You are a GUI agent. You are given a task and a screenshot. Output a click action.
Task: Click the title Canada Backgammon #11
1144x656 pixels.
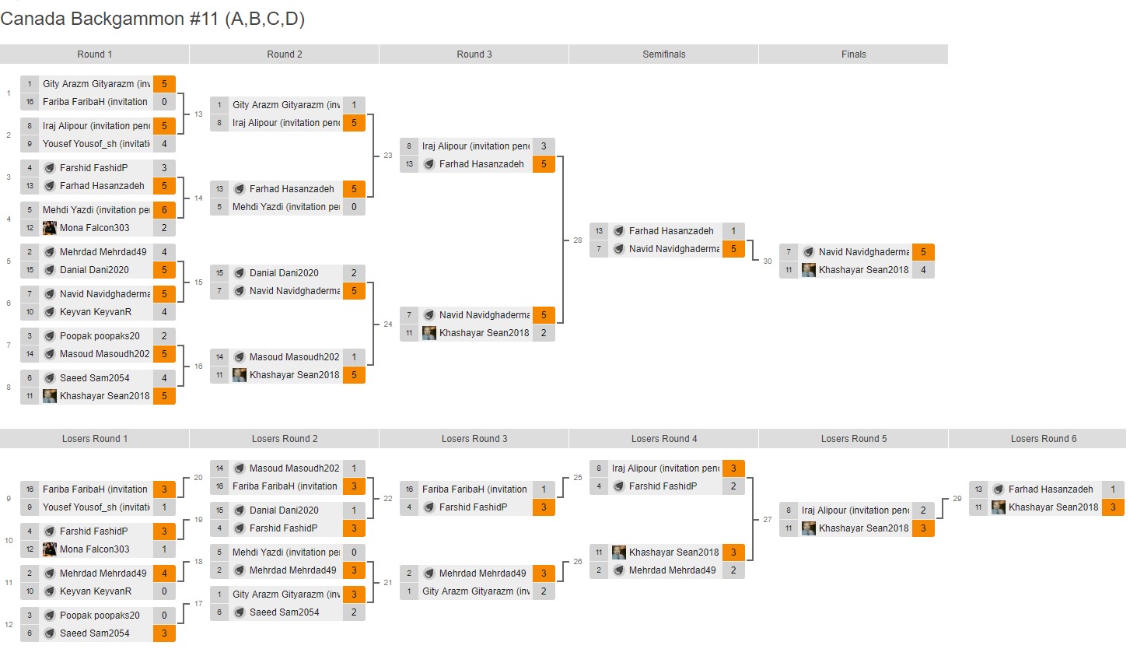(x=152, y=19)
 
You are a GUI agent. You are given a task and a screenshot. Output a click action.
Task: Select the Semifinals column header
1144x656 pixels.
(x=663, y=54)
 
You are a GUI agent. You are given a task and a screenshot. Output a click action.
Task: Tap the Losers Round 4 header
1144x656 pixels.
(x=663, y=439)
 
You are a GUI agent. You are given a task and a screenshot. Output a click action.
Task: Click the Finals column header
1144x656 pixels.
(x=853, y=54)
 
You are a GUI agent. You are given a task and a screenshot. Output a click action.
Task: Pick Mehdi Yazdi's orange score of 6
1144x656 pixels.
(x=164, y=210)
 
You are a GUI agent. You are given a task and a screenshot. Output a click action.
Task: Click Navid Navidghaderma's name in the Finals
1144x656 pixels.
(x=863, y=252)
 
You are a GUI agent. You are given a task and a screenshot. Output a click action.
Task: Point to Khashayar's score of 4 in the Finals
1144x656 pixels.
(x=923, y=270)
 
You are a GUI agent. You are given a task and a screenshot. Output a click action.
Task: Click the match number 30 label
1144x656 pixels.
(x=768, y=261)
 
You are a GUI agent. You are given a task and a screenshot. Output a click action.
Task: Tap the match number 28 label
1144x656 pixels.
(x=578, y=240)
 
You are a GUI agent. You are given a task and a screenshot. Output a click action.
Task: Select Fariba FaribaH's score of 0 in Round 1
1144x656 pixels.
(x=164, y=102)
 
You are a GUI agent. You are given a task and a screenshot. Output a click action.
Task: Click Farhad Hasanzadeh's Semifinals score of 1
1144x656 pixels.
(x=733, y=231)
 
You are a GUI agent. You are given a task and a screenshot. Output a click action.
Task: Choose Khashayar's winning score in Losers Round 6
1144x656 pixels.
(x=1113, y=507)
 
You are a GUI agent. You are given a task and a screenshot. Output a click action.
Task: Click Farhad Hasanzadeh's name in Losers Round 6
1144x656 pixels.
(x=1050, y=489)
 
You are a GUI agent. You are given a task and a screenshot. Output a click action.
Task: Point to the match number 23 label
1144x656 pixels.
(x=388, y=156)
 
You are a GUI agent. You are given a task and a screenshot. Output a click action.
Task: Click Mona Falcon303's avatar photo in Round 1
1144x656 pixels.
(x=50, y=228)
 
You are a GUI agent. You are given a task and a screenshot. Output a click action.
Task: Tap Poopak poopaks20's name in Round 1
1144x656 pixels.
(x=100, y=336)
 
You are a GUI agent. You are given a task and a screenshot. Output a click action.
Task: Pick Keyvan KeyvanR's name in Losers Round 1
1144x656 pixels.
(x=95, y=591)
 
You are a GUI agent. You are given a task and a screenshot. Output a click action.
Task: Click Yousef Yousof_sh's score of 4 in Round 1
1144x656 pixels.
(x=164, y=144)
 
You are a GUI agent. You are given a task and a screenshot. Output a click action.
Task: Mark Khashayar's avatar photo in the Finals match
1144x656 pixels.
(x=809, y=270)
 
